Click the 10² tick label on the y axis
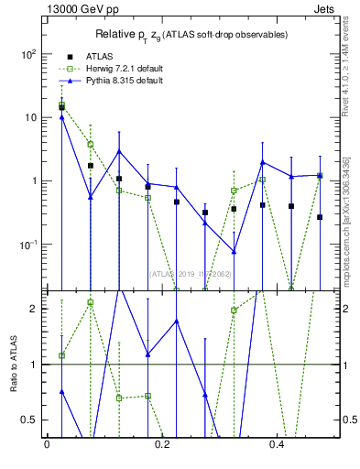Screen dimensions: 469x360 click(x=28, y=54)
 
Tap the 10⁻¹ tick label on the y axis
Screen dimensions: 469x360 click(x=28, y=245)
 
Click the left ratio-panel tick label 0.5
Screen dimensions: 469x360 click(x=30, y=420)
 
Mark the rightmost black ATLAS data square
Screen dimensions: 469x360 click(x=320, y=217)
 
